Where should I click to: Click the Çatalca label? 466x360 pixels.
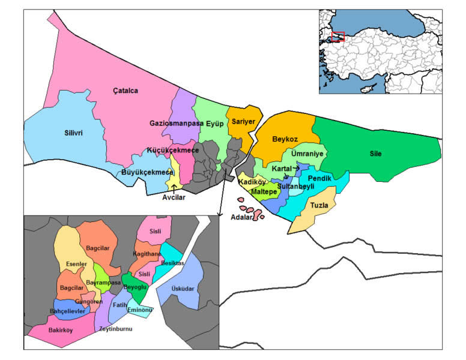(126, 91)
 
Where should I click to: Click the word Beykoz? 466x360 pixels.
(285, 139)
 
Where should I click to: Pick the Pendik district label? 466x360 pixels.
(319, 179)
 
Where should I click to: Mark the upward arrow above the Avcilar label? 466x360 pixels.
(174, 189)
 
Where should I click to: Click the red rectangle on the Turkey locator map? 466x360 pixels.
(337, 37)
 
